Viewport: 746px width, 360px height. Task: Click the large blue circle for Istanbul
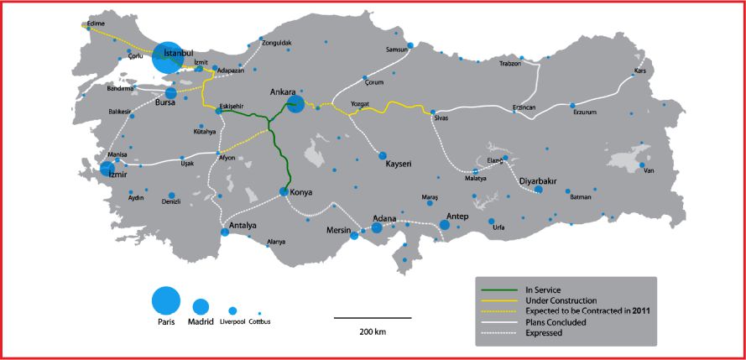(x=169, y=57)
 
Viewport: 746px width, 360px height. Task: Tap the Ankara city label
(x=284, y=91)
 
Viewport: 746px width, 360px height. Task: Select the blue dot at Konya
(x=284, y=192)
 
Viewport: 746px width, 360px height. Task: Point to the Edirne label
(x=95, y=24)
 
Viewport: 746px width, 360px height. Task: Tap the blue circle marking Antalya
(x=225, y=232)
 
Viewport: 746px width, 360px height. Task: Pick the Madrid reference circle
(x=201, y=307)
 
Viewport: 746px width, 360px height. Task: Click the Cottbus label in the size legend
(x=260, y=321)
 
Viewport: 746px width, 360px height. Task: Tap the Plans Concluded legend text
(x=554, y=322)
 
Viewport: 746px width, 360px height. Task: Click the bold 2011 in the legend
(x=640, y=311)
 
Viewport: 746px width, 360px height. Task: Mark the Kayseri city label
(x=402, y=163)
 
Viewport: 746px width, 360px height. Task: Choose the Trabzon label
(x=510, y=63)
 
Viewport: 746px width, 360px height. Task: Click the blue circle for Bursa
(x=171, y=93)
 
